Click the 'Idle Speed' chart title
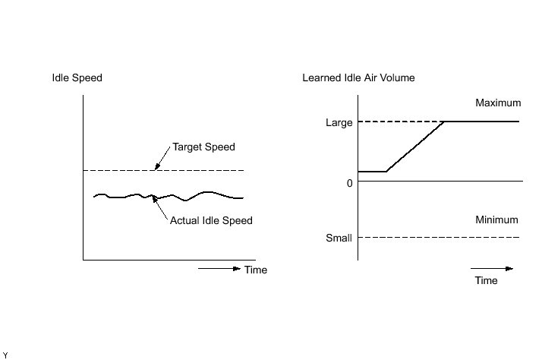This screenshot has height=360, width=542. [x=77, y=78]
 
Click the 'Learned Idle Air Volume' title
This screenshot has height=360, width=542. [x=358, y=78]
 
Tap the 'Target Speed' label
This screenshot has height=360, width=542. [x=203, y=147]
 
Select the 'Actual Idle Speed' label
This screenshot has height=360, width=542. [x=211, y=220]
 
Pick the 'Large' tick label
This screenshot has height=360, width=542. [x=339, y=122]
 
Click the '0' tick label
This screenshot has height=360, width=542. [x=349, y=183]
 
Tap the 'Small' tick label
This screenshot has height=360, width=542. [x=339, y=238]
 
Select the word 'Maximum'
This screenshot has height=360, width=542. [x=498, y=103]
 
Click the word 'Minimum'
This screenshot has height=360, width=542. [x=496, y=220]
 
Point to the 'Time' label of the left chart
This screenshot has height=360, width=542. [x=256, y=270]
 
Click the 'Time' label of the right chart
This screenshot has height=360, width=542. [x=486, y=280]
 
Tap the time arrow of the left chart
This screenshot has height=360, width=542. [x=219, y=268]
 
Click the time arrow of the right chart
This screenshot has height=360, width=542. [x=492, y=268]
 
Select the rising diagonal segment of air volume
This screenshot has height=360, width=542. [x=415, y=146]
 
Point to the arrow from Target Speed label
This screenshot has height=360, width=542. [x=162, y=159]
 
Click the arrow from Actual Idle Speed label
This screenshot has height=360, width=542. [x=161, y=207]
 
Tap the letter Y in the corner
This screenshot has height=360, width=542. [x=5, y=355]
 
